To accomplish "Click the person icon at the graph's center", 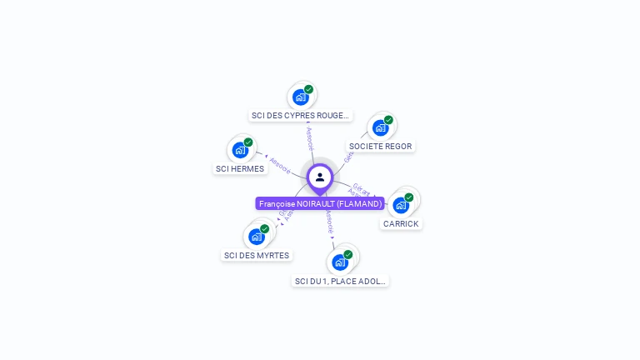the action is [x=320, y=177].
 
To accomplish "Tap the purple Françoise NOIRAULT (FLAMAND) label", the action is [x=320, y=203].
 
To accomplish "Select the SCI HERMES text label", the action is [x=240, y=168].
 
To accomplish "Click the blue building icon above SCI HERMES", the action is [x=240, y=150].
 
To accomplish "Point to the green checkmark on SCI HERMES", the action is [x=248, y=142].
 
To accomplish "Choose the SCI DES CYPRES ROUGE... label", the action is [x=300, y=115].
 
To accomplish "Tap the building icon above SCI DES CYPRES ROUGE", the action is [x=301, y=97].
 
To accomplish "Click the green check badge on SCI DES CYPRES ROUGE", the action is [x=309, y=89].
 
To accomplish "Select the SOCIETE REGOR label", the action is [x=381, y=146].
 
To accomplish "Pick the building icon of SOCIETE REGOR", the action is [x=381, y=127].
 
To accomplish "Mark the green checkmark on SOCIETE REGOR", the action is [x=389, y=120].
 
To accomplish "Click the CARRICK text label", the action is [x=401, y=223].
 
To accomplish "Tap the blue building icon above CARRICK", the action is [x=401, y=205].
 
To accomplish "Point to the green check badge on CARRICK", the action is [x=409, y=197].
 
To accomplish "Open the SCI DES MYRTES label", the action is [x=257, y=255].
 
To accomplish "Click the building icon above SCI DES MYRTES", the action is [x=257, y=236].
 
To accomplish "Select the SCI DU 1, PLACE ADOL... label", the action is [x=340, y=281].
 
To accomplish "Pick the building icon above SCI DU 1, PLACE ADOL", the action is [x=340, y=262].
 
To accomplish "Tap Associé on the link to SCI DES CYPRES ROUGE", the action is [x=310, y=138].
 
